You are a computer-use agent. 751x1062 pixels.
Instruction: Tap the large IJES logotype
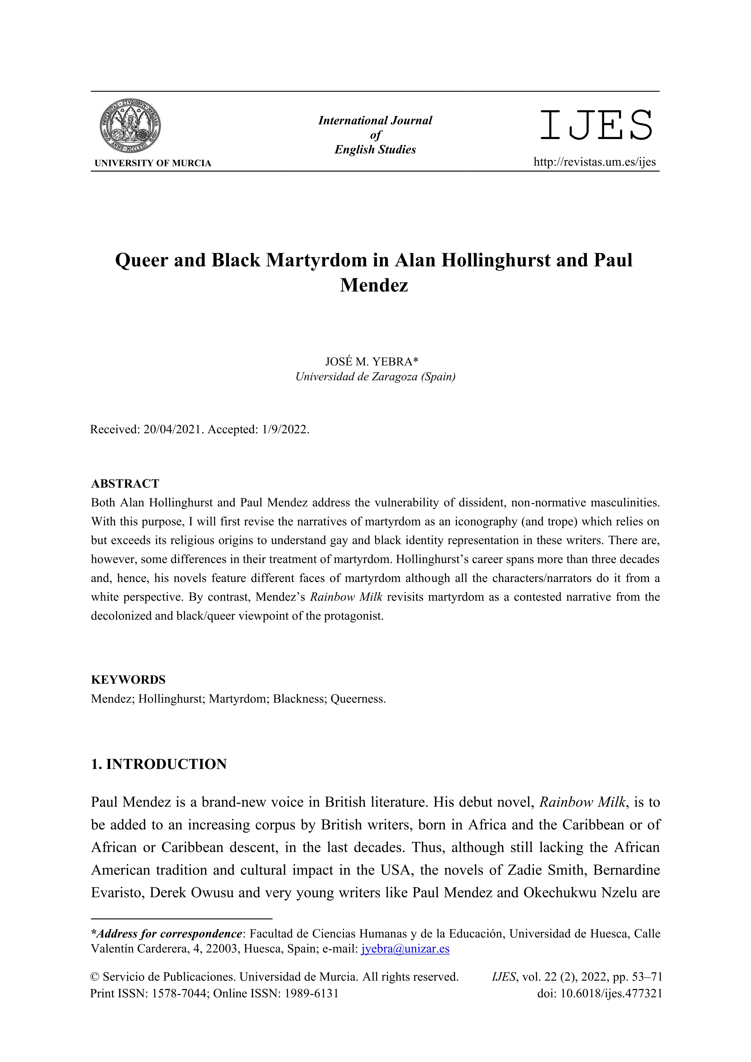click(x=596, y=125)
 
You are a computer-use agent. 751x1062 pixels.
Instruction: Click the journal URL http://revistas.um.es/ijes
click(x=595, y=162)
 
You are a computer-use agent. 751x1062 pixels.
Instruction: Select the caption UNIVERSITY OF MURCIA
click(x=153, y=163)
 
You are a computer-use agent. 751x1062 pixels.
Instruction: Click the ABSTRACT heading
click(x=125, y=484)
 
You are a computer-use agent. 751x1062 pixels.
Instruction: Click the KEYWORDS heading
click(x=128, y=680)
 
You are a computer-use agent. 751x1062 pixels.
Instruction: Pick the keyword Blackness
click(x=299, y=699)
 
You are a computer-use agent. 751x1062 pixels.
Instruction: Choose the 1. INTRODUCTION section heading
click(x=159, y=764)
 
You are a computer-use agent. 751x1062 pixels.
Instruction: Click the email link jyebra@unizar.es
click(x=405, y=949)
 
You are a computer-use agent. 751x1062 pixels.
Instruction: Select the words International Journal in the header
click(x=375, y=121)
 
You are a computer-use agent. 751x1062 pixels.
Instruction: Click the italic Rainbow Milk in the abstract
click(x=346, y=597)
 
